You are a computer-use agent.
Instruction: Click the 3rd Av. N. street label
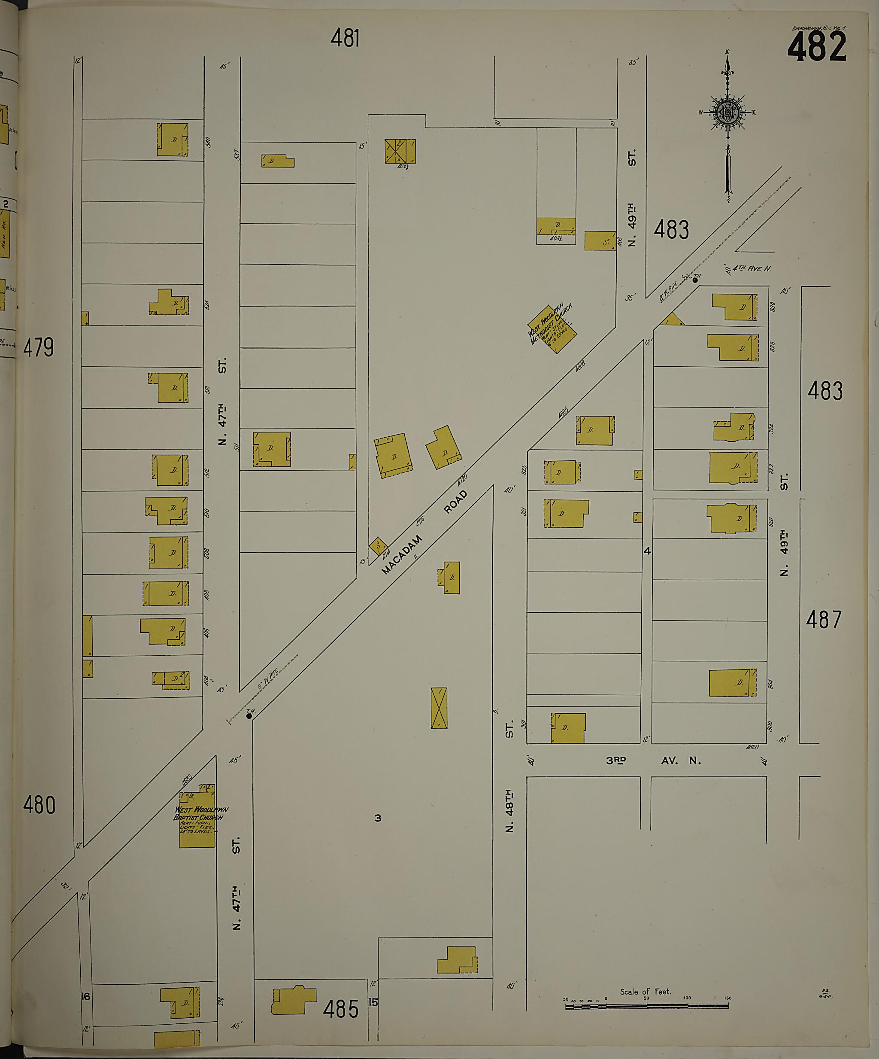653,761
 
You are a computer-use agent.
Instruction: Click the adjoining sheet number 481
345,38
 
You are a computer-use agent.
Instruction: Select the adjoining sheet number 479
39,347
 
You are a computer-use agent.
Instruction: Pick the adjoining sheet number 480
39,805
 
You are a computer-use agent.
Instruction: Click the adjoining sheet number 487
824,620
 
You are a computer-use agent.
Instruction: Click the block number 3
378,818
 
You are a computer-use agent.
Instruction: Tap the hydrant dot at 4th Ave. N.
695,280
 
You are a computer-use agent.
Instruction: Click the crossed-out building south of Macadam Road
439,708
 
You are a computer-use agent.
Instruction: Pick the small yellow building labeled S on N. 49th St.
600,241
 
